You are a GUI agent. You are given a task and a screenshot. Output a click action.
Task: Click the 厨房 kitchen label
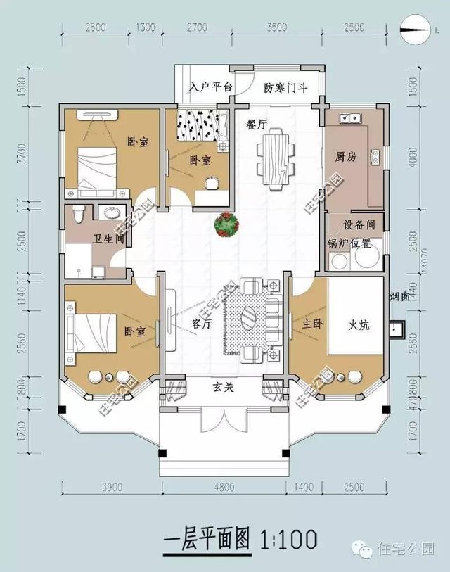[x=347, y=156]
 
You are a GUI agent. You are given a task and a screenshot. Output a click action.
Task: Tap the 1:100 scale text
[x=288, y=540]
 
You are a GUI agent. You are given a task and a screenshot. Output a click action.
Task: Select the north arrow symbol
[x=415, y=29]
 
